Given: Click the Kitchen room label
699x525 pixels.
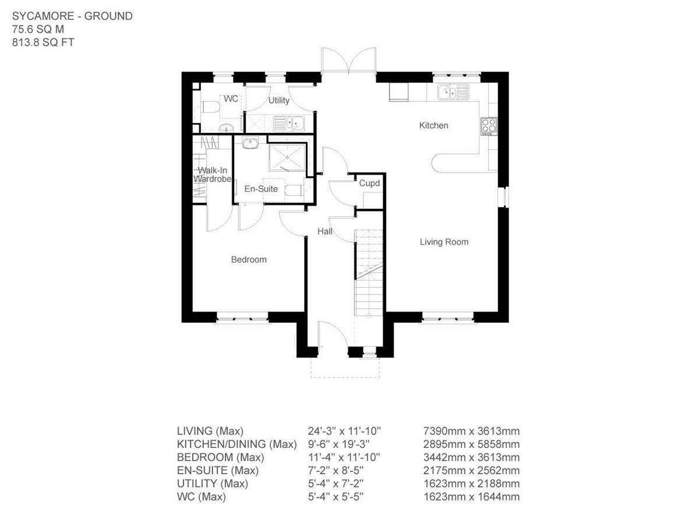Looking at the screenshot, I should pos(434,125).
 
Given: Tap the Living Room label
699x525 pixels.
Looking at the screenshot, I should pos(444,242).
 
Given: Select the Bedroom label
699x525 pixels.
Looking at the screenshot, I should pos(249,260).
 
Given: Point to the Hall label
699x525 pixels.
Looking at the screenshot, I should pos(324,232).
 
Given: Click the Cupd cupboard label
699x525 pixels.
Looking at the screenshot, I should pos(369,183).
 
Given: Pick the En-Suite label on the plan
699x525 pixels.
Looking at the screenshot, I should pos(260,189).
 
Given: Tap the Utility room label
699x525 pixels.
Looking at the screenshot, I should pos(278,100).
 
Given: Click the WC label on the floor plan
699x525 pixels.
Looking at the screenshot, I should pos(231,99).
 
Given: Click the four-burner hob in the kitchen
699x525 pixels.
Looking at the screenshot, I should pos(488,125).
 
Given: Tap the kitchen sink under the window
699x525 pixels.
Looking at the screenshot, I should pos(453,92).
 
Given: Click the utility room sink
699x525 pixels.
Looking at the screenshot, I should pos(288,123).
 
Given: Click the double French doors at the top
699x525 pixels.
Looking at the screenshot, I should pos(348,61).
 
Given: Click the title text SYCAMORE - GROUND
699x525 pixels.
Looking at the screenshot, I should pos(72,16).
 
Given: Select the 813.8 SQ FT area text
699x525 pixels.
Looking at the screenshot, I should pos(43,42).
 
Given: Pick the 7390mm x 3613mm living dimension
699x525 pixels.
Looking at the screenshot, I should pos(471,432).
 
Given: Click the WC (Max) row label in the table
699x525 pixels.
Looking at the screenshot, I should pos(201,497).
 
